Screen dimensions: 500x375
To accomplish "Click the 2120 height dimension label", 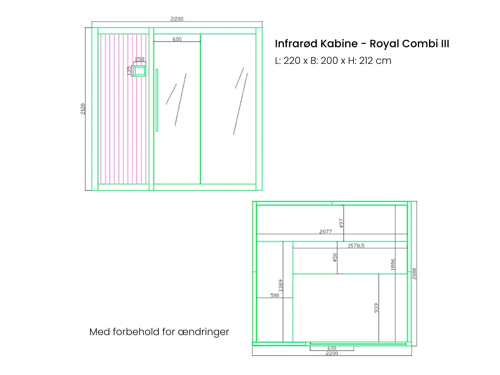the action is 83,109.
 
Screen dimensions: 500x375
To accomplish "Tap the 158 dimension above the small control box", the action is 139,59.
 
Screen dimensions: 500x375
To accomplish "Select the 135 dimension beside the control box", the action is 129,70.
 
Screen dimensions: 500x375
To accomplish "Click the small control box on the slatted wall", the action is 139,71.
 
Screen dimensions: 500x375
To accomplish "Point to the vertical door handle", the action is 157,100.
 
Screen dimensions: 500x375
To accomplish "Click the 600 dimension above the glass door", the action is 177,39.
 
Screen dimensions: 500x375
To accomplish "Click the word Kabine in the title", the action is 339,43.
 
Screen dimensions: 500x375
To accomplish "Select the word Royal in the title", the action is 384,44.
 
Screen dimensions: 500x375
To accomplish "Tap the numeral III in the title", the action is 445,43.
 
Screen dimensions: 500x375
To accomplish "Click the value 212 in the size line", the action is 366,60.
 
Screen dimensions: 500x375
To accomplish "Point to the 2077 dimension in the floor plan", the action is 325,232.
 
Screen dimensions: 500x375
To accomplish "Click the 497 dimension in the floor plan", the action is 341,223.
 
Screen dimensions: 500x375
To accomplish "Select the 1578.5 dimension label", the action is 356,246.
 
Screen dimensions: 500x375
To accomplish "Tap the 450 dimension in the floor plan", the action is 335,258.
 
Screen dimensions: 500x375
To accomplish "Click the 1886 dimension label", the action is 393,264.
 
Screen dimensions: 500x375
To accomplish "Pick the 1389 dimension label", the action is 281,285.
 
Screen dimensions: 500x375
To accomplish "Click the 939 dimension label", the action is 376,308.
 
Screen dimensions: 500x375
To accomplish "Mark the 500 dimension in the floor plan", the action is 275,295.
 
